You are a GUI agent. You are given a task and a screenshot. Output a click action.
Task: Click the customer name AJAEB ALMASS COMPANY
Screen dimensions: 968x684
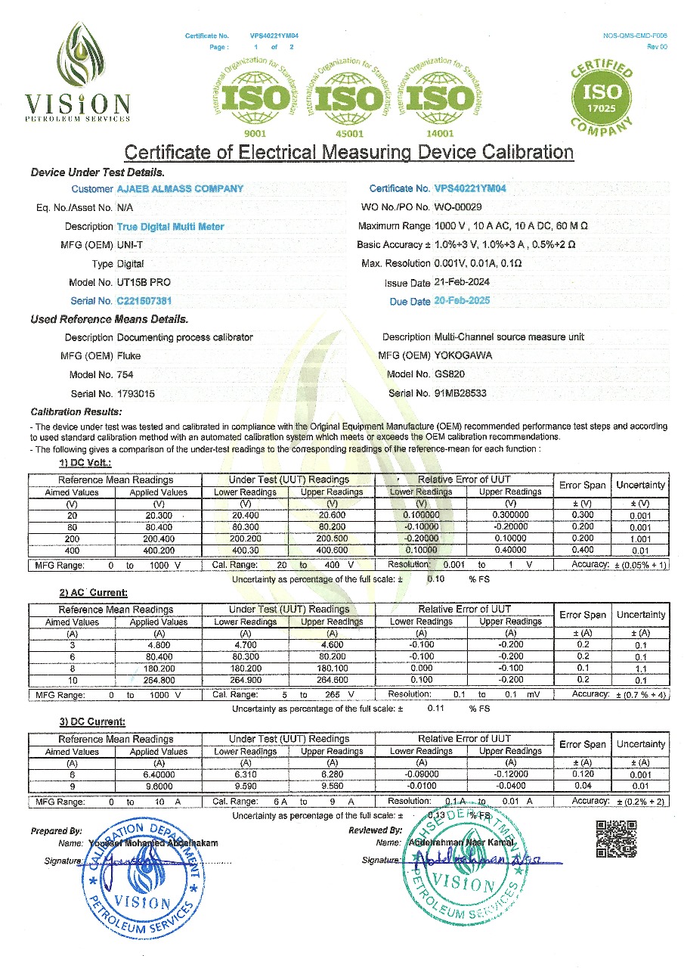(x=180, y=188)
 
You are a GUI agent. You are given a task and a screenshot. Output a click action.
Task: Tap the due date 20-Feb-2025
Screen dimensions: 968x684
(x=462, y=301)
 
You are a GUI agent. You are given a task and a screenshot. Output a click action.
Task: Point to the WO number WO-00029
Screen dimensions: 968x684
(x=458, y=207)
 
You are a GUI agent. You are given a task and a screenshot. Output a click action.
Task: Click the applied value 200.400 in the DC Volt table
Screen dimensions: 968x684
(x=159, y=538)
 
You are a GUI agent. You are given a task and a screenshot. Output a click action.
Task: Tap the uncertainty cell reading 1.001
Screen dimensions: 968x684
(x=640, y=538)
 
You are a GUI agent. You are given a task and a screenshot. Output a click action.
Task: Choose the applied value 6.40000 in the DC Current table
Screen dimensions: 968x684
(x=159, y=776)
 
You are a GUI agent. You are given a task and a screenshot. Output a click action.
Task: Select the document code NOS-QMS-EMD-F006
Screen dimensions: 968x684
(x=636, y=36)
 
